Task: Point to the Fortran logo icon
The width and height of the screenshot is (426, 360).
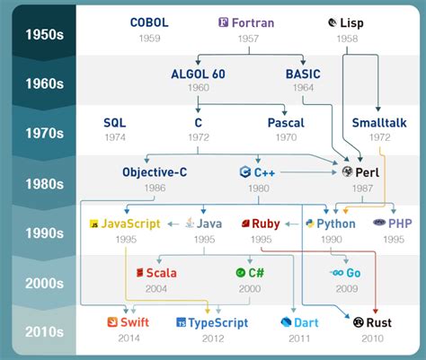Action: tap(223, 22)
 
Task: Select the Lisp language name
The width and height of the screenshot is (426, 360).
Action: tap(351, 22)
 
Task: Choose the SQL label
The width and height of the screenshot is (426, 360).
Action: tap(114, 123)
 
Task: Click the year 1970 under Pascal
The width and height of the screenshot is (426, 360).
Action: tap(286, 138)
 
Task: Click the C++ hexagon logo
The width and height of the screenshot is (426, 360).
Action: tap(244, 171)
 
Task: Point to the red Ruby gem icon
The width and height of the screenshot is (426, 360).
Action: tap(244, 223)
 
